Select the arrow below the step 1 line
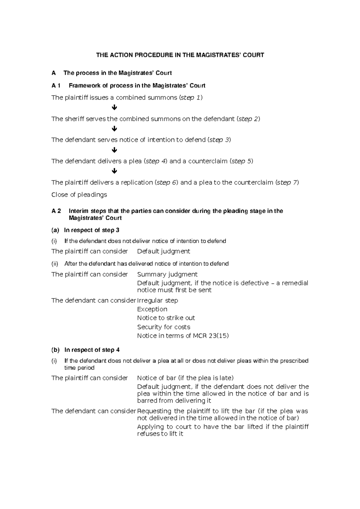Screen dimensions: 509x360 (114, 108)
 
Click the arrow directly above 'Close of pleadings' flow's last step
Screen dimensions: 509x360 (114, 171)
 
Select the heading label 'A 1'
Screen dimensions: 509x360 (56, 86)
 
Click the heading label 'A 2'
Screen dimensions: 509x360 (56, 211)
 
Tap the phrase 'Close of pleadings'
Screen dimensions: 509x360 (79, 195)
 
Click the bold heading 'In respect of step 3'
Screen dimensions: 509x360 (91, 230)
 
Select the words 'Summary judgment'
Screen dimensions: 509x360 (167, 274)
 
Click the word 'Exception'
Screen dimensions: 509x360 (152, 309)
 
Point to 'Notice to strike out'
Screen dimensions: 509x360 (166, 318)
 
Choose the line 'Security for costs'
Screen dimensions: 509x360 (163, 327)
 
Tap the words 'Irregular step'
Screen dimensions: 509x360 (157, 300)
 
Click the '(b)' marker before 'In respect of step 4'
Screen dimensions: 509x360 (55, 350)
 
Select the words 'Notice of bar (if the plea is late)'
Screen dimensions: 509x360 (185, 378)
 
